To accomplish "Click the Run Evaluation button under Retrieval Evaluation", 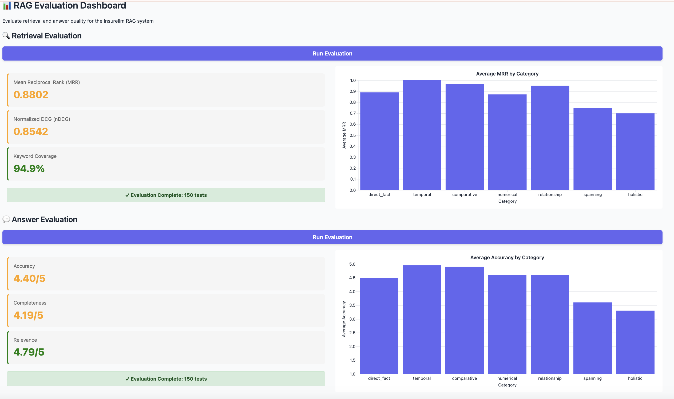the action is [332, 54].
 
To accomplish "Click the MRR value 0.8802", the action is [31, 95].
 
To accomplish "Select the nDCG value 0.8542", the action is [31, 131].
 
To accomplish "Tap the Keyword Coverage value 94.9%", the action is [29, 169].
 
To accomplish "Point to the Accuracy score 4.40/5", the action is [29, 278].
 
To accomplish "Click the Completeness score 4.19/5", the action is [28, 315].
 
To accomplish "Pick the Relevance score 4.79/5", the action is [29, 352].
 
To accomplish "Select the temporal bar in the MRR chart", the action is [422, 135].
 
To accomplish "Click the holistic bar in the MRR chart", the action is [635, 152].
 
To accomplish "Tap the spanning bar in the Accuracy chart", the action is [593, 338].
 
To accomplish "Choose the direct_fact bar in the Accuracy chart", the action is [379, 326].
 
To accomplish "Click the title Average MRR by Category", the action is [507, 74].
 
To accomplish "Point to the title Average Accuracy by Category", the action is [507, 258].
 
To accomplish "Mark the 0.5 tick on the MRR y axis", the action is [352, 135].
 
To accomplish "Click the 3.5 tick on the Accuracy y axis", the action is [352, 305].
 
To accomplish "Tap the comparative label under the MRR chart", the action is [465, 195].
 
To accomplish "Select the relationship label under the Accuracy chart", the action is [550, 378].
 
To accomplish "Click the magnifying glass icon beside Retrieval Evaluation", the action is [6, 36].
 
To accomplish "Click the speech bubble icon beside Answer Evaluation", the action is [6, 220].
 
